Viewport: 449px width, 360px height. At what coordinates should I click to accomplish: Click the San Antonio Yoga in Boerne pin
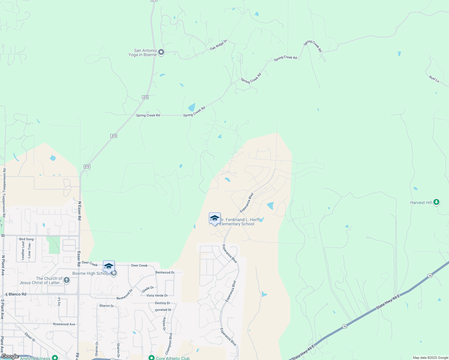click(161, 52)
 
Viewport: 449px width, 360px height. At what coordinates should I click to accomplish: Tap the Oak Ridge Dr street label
click(218, 45)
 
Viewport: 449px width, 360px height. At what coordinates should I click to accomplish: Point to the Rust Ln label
click(434, 79)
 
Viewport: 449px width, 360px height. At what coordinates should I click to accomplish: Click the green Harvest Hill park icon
click(436, 202)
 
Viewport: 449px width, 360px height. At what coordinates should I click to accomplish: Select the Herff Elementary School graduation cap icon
click(215, 218)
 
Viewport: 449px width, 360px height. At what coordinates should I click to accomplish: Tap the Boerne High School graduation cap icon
click(109, 266)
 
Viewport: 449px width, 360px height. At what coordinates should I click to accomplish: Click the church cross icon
click(67, 280)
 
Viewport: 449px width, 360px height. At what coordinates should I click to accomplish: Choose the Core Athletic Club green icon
click(152, 358)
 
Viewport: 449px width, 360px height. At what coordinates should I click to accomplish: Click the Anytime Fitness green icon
click(55, 358)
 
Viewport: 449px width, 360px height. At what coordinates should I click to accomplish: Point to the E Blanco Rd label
click(16, 294)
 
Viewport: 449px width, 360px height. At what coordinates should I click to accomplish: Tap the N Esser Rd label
click(80, 211)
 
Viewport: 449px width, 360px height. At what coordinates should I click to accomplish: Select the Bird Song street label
click(26, 239)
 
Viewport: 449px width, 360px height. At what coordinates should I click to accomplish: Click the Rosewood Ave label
click(64, 324)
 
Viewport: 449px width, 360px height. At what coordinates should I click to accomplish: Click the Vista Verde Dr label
click(157, 295)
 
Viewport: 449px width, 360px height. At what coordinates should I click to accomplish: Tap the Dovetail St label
click(163, 310)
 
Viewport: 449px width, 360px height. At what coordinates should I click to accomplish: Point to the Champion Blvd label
click(170, 343)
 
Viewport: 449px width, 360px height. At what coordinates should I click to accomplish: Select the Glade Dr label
click(148, 289)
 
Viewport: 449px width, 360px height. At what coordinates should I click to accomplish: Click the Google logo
click(10, 356)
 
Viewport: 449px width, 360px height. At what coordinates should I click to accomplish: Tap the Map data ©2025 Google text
click(430, 358)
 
